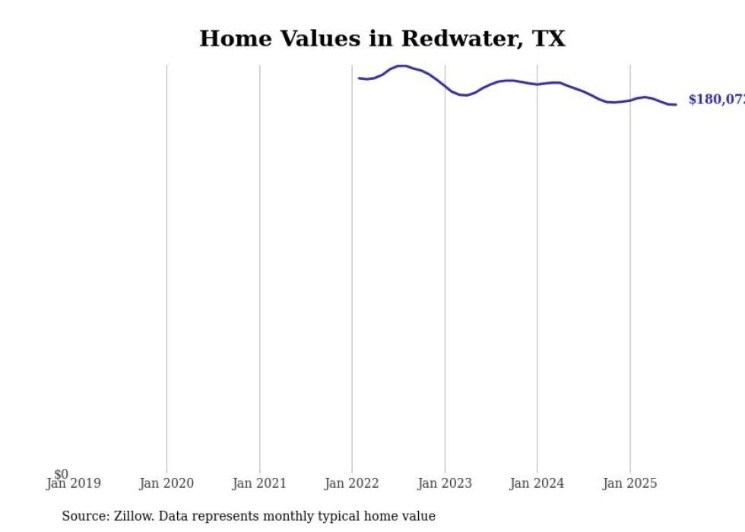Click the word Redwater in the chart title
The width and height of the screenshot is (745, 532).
coord(460,39)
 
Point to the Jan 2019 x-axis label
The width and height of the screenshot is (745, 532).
coord(74,483)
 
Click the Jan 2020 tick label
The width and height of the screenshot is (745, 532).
coord(166,483)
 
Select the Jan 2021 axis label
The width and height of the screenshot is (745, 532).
coord(259,483)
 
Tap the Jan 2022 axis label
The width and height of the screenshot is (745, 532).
coord(352,483)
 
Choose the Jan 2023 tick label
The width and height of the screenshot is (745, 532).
coord(445,483)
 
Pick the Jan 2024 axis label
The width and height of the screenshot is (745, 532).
coord(537,483)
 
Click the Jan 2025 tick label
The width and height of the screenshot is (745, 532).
coord(629,483)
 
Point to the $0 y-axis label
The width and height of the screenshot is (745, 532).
coord(61,474)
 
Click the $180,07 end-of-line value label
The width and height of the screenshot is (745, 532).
coord(715,100)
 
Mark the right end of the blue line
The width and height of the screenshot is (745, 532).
coord(676,104)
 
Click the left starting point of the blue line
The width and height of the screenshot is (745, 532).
coord(359,78)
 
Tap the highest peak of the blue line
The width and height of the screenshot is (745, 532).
coord(402,65)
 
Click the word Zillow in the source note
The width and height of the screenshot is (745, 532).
coord(135,516)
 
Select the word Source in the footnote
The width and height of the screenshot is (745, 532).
coord(84,516)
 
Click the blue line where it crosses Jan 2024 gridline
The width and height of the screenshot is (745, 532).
coord(537,84)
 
